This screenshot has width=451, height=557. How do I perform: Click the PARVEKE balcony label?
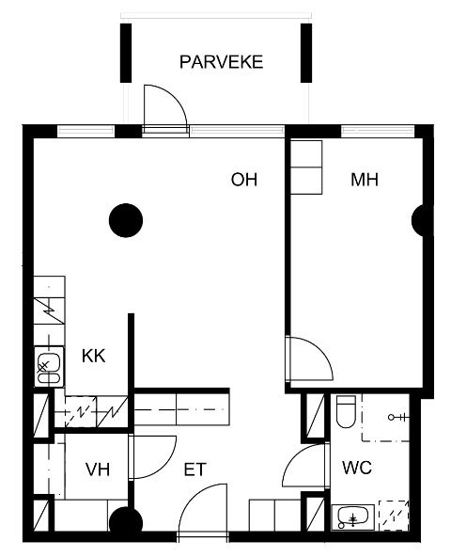click(221, 62)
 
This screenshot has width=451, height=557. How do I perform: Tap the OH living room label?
click(244, 180)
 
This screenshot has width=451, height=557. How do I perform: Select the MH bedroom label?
click(365, 180)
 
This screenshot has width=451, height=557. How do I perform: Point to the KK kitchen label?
click(94, 356)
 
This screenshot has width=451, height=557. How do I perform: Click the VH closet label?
click(98, 469)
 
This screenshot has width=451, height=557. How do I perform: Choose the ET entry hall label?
click(194, 469)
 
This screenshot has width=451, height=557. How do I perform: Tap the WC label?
click(357, 468)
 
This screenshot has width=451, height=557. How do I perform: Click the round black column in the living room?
click(126, 220)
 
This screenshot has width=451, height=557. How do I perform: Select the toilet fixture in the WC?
click(346, 411)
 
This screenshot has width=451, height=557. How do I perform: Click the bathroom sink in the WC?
click(352, 517)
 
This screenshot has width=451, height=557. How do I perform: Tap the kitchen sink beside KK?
click(49, 367)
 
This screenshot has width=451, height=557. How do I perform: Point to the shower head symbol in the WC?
click(398, 417)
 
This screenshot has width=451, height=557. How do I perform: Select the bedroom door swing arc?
click(319, 349)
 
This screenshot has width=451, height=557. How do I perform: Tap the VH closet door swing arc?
click(165, 466)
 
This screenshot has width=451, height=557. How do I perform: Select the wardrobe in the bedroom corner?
click(306, 167)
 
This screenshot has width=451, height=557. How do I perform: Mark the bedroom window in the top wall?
click(378, 132)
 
